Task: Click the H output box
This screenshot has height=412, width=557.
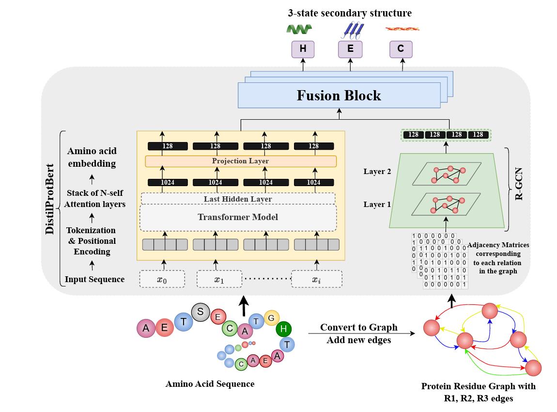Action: (303, 49)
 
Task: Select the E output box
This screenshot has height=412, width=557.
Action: (350, 49)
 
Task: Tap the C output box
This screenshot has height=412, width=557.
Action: (401, 49)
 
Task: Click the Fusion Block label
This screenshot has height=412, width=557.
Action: (339, 95)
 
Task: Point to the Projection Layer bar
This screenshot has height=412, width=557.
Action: (240, 161)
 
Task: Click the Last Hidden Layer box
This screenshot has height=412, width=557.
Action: (237, 199)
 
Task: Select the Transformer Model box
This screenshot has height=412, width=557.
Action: (237, 217)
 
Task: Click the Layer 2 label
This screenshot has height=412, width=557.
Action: (377, 172)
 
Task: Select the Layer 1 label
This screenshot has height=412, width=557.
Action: (377, 204)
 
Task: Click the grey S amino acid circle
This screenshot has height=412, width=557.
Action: (200, 312)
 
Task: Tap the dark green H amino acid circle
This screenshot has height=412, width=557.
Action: (284, 330)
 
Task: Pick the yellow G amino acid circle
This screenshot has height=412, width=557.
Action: (271, 317)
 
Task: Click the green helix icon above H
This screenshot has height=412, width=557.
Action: (299, 30)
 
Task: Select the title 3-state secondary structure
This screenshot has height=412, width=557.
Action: (349, 13)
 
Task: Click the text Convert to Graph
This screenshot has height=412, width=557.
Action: (358, 328)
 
